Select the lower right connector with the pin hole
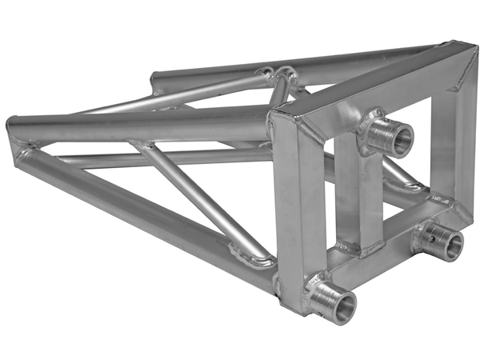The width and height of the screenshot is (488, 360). (440, 242)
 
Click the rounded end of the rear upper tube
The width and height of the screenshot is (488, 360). (157, 81)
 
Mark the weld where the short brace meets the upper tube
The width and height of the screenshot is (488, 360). (142, 146)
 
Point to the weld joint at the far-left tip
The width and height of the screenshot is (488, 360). (19, 151)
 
